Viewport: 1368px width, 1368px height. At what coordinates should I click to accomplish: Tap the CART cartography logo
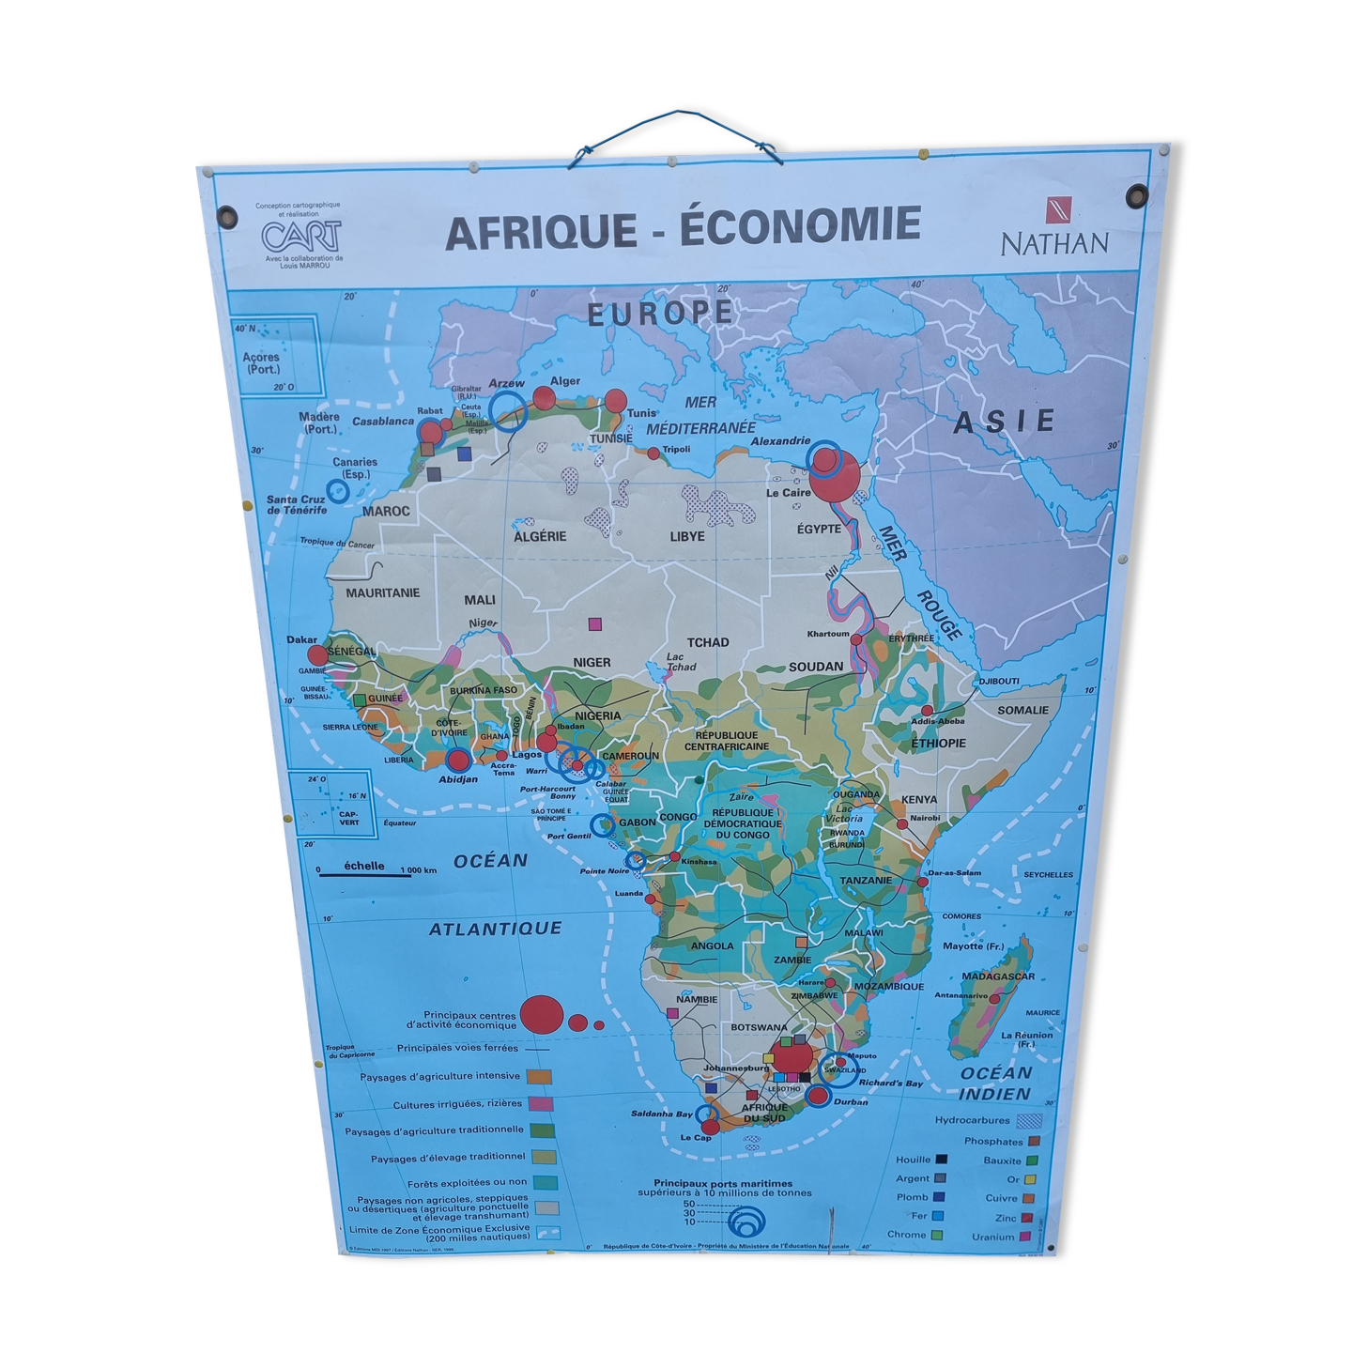coord(301,235)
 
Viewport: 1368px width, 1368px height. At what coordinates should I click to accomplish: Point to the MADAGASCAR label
coord(997,976)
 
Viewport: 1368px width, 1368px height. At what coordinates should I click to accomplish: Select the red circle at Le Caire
coord(835,476)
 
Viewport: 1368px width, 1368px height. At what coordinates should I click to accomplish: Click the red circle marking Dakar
coord(318,655)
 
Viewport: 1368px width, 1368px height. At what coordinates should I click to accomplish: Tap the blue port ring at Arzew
coord(508,411)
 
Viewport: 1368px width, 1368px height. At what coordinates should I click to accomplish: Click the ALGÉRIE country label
coord(540,536)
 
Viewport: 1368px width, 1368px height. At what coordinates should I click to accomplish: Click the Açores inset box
coord(276,357)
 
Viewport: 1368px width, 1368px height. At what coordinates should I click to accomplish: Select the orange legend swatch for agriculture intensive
coord(538,1077)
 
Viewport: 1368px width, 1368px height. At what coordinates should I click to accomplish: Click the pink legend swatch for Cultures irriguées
coord(539,1104)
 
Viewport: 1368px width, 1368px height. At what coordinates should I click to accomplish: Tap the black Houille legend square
coord(941,1160)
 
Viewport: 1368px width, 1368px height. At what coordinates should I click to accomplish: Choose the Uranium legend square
coord(1025,1237)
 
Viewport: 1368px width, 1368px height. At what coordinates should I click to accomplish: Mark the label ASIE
coord(1004,423)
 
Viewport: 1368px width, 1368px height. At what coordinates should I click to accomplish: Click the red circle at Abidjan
coord(458,761)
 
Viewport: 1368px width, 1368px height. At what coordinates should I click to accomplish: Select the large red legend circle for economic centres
coord(542,1014)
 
